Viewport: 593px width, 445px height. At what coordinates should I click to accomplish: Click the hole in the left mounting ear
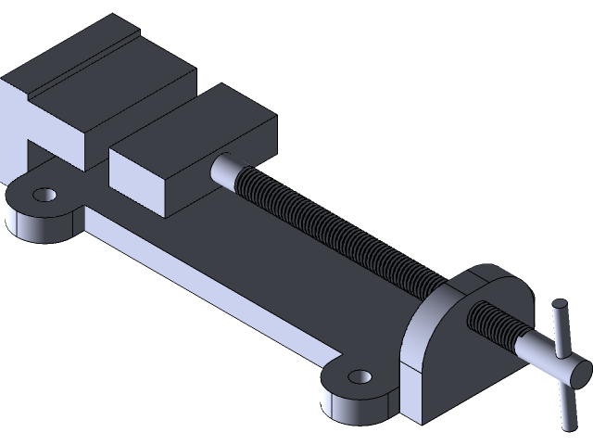tap(43, 195)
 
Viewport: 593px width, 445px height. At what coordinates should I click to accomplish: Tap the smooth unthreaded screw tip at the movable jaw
tap(226, 168)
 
